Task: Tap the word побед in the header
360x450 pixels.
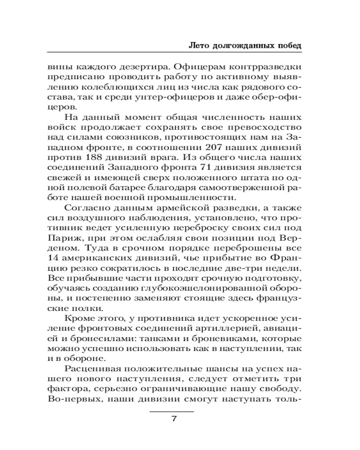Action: pyautogui.click(x=287, y=46)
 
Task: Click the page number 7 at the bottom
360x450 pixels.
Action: pyautogui.click(x=172, y=419)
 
